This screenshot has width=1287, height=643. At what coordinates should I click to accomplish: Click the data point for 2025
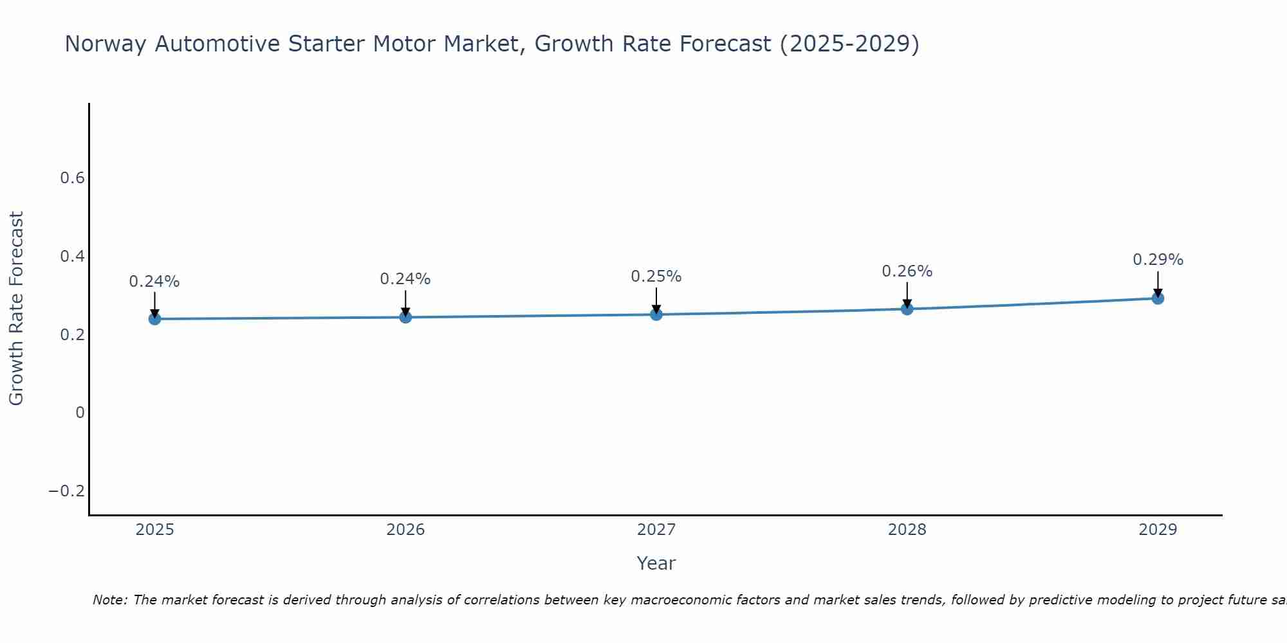pos(154,318)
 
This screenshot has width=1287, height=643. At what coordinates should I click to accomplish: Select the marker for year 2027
pos(656,314)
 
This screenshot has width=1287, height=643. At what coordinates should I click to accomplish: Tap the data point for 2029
pos(1157,298)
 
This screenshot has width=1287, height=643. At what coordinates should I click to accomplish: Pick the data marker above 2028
pos(907,309)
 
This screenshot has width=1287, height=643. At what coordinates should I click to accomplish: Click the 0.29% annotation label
pos(1157,260)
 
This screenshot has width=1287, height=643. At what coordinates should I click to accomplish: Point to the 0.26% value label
pos(907,271)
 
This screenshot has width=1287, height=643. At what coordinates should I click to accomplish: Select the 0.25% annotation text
pos(656,276)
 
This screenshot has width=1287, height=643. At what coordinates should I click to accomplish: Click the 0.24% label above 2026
pos(405,279)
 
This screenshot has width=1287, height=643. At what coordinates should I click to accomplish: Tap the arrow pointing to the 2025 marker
pos(154,303)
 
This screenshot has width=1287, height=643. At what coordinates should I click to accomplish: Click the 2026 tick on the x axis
pos(405,530)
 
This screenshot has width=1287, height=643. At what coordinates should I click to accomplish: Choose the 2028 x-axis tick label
pos(907,530)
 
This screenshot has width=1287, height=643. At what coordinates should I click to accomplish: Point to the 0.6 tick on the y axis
pos(73,178)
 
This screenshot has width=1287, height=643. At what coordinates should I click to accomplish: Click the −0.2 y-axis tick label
pos(67,491)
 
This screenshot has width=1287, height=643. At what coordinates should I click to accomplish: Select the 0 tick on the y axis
pos(80,413)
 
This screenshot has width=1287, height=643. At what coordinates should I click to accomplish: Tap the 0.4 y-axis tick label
pos(73,257)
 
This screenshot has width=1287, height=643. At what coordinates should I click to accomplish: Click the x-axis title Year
pos(656,563)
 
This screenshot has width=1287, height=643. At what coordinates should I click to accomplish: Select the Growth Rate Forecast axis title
pos(16,309)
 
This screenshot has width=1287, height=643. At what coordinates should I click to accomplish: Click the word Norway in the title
pos(107,44)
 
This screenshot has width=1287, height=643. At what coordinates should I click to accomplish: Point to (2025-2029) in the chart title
pos(849,44)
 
